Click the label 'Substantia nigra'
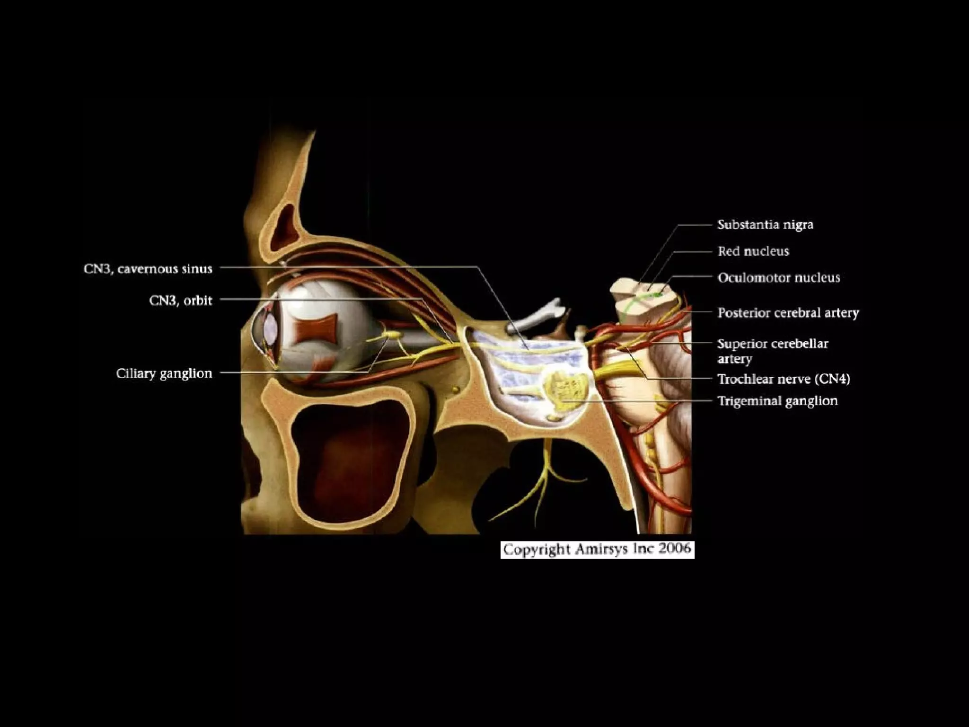765,224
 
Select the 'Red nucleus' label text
753,251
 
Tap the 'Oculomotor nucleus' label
778,277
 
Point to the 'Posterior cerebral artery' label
788,313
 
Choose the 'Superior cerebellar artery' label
772,351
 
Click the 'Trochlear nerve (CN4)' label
784,379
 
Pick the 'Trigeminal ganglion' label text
777,401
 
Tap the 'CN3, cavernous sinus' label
148,269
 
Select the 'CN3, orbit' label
181,301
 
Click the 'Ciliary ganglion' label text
164,373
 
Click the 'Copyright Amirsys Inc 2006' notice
597,550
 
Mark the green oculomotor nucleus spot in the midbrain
657,294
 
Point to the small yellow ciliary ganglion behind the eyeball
394,335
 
